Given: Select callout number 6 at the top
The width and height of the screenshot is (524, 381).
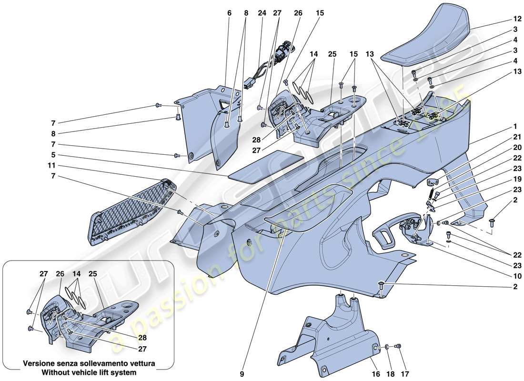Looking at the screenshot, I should pyautogui.click(x=229, y=13).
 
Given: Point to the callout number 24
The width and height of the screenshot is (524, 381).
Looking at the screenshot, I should pyautogui.click(x=262, y=13).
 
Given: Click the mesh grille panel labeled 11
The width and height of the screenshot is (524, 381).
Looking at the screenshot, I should pyautogui.click(x=133, y=214).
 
